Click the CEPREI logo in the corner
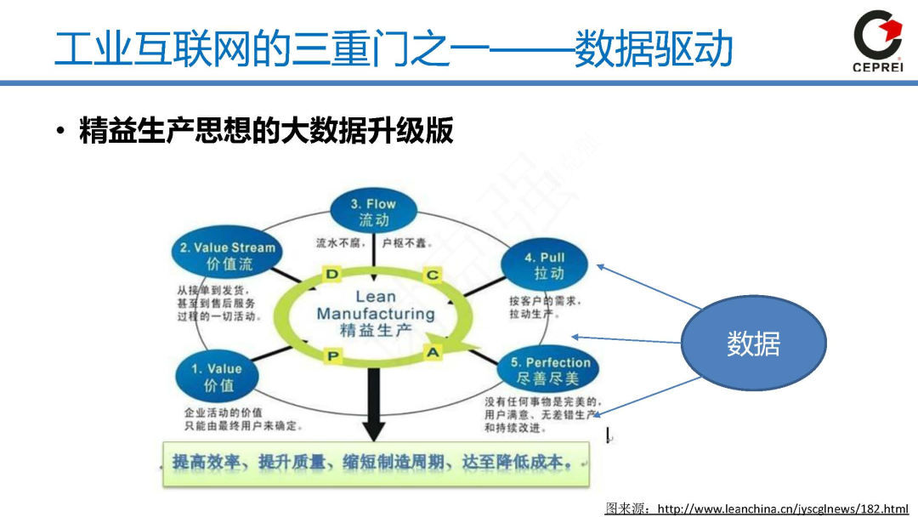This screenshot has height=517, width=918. point(877,41)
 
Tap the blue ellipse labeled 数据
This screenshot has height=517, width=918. point(753,344)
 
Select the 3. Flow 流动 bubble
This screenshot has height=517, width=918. point(373,211)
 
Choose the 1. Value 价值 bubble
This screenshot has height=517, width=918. point(216,377)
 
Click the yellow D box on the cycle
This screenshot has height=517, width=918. point(332,273)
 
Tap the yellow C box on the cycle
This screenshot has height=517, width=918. point(433,274)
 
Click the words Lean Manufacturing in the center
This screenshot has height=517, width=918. point(375,305)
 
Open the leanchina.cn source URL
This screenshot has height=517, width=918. point(783,508)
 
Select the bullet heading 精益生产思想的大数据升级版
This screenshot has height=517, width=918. point(266,132)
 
